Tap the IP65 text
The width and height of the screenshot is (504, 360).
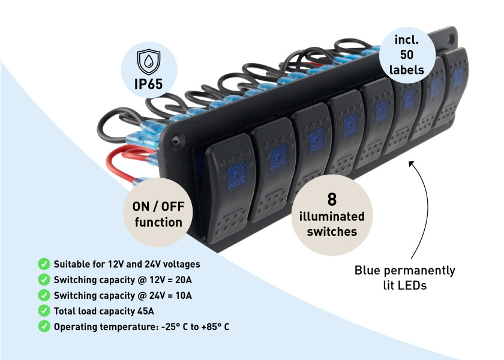point(149,83)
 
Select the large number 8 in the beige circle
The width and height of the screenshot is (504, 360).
point(331,200)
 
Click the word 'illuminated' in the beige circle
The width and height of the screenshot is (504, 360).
point(332,217)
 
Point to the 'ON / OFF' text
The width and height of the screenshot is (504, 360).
point(158,208)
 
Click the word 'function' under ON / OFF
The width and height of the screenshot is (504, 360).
point(158,223)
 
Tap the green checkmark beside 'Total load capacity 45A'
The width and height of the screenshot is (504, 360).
point(44,310)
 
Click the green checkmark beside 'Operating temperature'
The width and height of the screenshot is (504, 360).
point(44,326)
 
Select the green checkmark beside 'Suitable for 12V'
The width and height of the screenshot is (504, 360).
point(44,263)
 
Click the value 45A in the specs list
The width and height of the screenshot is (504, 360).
point(143,311)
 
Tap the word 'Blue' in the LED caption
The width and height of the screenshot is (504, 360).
point(368,271)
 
